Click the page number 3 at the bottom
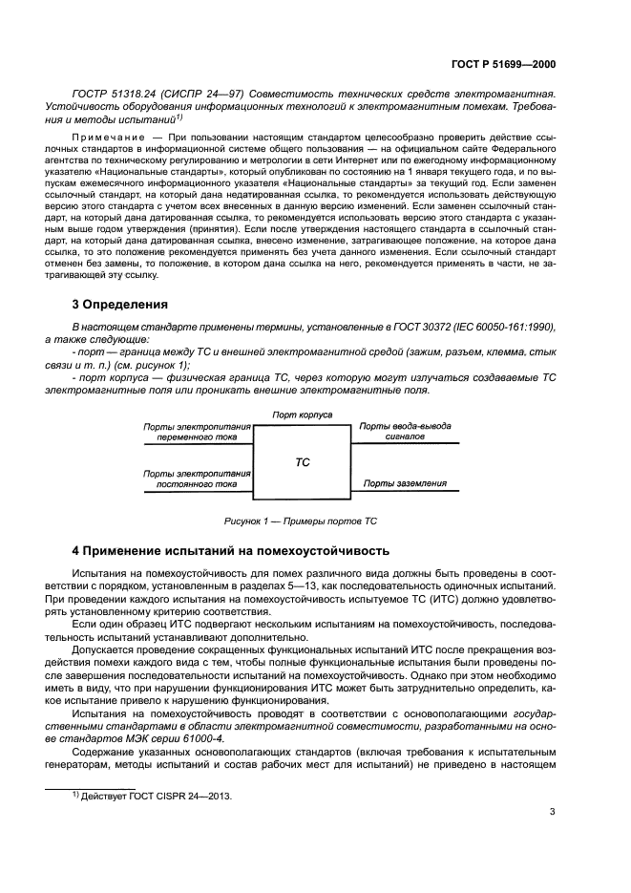click(552, 812)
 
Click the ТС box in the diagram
click(302, 461)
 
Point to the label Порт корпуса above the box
click(302, 415)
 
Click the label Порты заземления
click(404, 483)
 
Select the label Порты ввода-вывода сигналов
click(405, 431)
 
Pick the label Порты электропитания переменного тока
click(197, 431)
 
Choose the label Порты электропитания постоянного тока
click(197, 478)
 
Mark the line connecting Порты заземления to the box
click(406, 491)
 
